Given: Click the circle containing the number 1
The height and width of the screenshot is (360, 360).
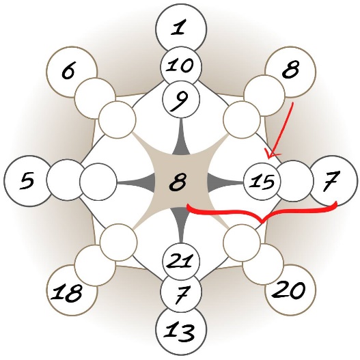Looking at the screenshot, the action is tap(181, 29).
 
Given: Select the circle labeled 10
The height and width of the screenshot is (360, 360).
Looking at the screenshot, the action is tap(181, 66).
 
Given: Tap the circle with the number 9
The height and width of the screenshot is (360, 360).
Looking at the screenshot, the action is tap(181, 99).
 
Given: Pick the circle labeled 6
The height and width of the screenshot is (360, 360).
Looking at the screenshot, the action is tap(72, 72).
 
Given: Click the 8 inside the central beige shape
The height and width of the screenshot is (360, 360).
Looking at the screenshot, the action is tap(178, 182).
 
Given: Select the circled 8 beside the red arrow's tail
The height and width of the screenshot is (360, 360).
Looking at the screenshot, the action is tap(290, 72).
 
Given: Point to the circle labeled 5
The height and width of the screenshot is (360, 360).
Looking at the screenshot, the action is tap(29, 181).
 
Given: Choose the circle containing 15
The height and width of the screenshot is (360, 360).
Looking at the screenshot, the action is tap(262, 182).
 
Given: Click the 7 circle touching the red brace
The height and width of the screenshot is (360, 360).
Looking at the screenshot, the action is tap(332, 181).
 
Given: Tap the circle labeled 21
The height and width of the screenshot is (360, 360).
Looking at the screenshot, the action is tap(181, 262).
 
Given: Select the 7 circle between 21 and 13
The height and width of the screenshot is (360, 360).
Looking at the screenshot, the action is tap(181, 292).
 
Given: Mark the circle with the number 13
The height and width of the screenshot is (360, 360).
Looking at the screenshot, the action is tap(181, 331).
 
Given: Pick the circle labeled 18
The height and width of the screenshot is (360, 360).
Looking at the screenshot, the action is tap(72, 290).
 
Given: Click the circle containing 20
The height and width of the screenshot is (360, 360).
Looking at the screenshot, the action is tap(290, 290).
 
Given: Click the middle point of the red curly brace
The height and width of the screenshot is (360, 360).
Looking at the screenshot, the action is tap(262, 222).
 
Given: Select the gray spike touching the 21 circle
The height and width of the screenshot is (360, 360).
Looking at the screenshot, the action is tap(181, 225).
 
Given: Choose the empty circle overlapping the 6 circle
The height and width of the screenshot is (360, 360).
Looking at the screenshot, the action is tap(95, 98).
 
